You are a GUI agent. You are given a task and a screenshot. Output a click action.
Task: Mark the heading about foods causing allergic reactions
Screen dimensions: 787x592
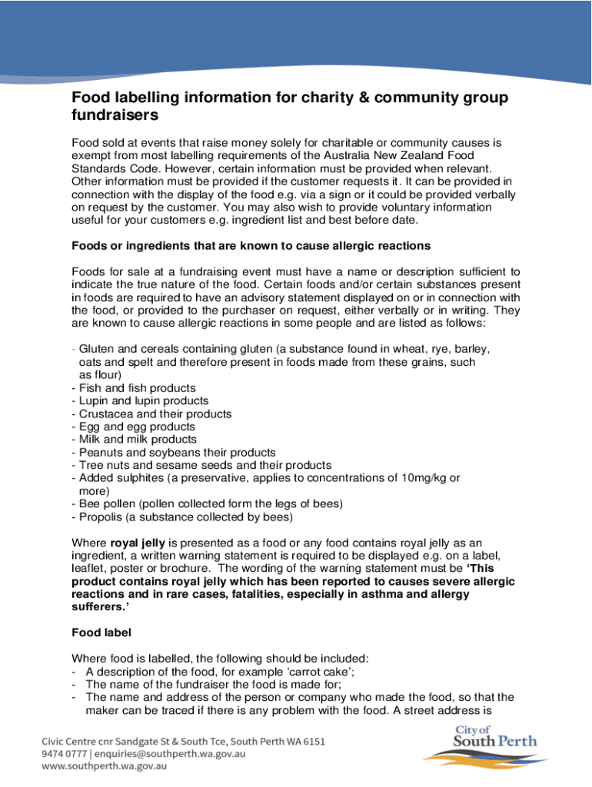pos(251,247)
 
